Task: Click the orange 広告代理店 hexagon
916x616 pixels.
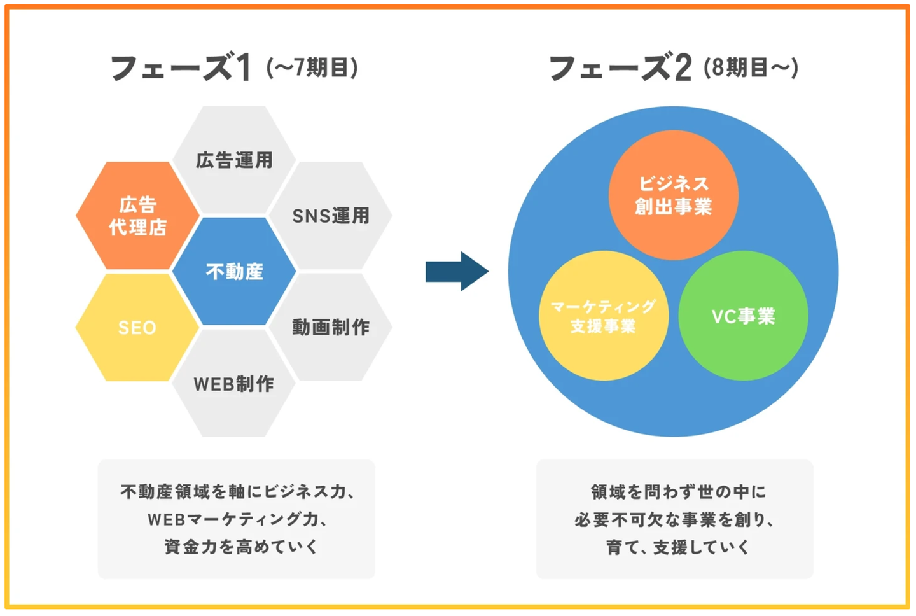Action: click(x=137, y=216)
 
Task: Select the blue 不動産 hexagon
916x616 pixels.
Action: click(x=234, y=272)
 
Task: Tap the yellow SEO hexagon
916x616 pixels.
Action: click(x=137, y=328)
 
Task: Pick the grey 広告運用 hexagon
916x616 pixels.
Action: click(x=234, y=160)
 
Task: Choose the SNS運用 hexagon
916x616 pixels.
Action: click(x=331, y=216)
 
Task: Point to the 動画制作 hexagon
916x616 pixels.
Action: click(x=331, y=328)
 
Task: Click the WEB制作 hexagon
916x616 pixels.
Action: click(x=234, y=384)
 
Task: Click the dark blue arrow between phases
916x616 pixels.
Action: click(x=457, y=271)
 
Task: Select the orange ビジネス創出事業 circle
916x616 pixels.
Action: click(x=674, y=195)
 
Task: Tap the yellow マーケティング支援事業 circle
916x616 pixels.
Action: click(x=603, y=316)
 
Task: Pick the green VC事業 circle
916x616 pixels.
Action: click(x=743, y=316)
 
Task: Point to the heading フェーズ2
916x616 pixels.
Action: click(x=620, y=68)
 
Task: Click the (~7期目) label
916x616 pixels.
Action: click(x=312, y=67)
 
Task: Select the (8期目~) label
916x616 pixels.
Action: click(x=751, y=67)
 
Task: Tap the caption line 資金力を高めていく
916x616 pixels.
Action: click(x=241, y=547)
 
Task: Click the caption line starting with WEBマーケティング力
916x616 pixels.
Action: click(x=238, y=519)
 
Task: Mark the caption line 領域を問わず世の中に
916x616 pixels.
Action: click(x=678, y=492)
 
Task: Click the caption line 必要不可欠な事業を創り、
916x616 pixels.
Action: click(x=674, y=519)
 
